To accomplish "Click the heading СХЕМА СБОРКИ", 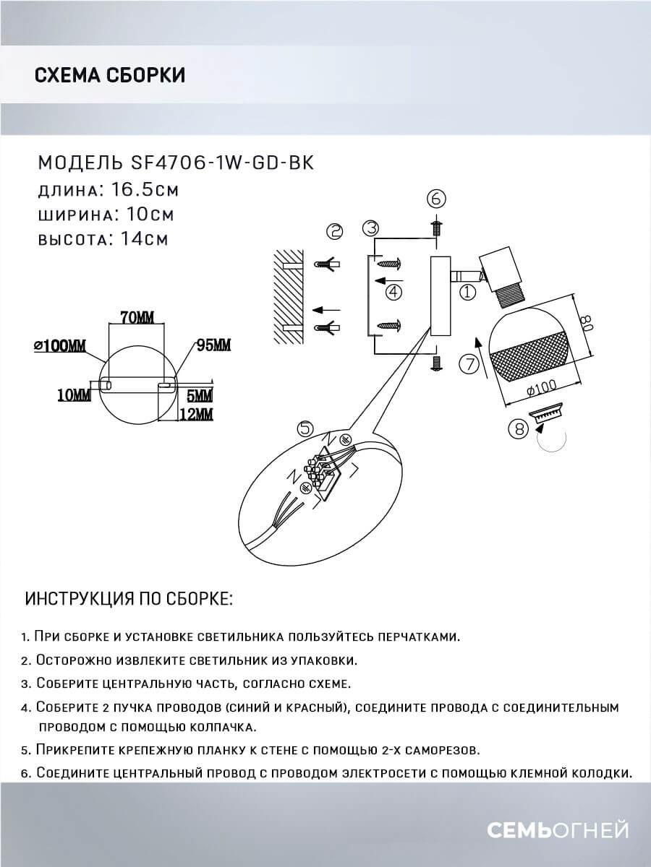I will click(109, 74).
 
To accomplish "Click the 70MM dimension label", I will click(135, 317).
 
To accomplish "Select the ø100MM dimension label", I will click(59, 345).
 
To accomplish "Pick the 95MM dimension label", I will click(214, 344).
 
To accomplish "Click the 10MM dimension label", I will click(75, 394).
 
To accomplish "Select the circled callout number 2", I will click(334, 231).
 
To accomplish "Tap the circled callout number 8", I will click(518, 429).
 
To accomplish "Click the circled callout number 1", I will click(467, 293).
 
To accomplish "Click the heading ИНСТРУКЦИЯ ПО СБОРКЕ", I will click(129, 600).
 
